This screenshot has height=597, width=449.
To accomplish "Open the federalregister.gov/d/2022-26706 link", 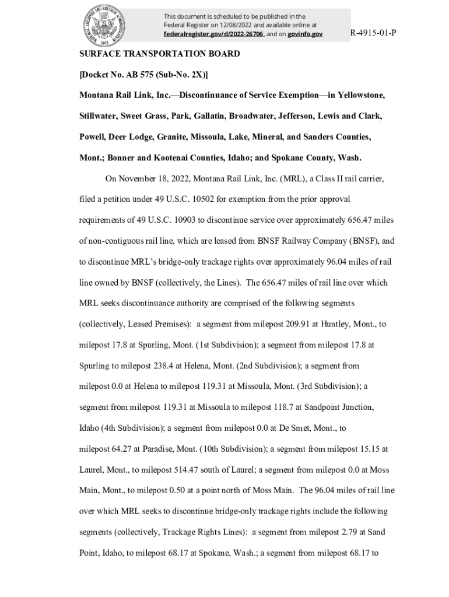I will (213, 34).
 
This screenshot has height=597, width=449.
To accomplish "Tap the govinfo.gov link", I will (305, 34).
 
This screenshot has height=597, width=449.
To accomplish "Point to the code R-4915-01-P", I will (373, 33).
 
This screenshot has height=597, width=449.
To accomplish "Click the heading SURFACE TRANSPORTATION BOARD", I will (160, 54).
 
